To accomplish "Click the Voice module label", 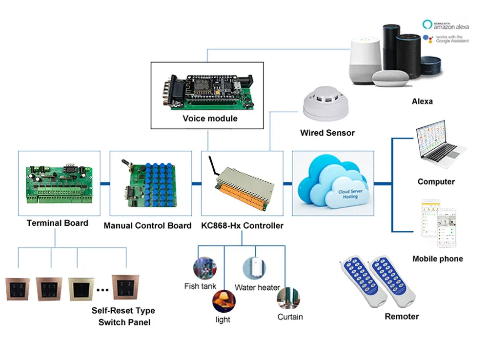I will pos(210,118).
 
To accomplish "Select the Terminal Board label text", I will pos(57,223).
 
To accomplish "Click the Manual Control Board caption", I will pos(147,226).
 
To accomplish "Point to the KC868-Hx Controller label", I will pos(242,226).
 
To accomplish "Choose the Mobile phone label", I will pos(437,259).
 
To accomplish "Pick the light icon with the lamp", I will pos(224,300).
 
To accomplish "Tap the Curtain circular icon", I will pos(288,298).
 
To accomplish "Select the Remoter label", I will pos(402,317).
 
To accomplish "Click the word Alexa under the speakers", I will pos(422,101).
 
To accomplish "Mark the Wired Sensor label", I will pos(327,132).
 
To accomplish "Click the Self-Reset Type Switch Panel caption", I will pos(124,316).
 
